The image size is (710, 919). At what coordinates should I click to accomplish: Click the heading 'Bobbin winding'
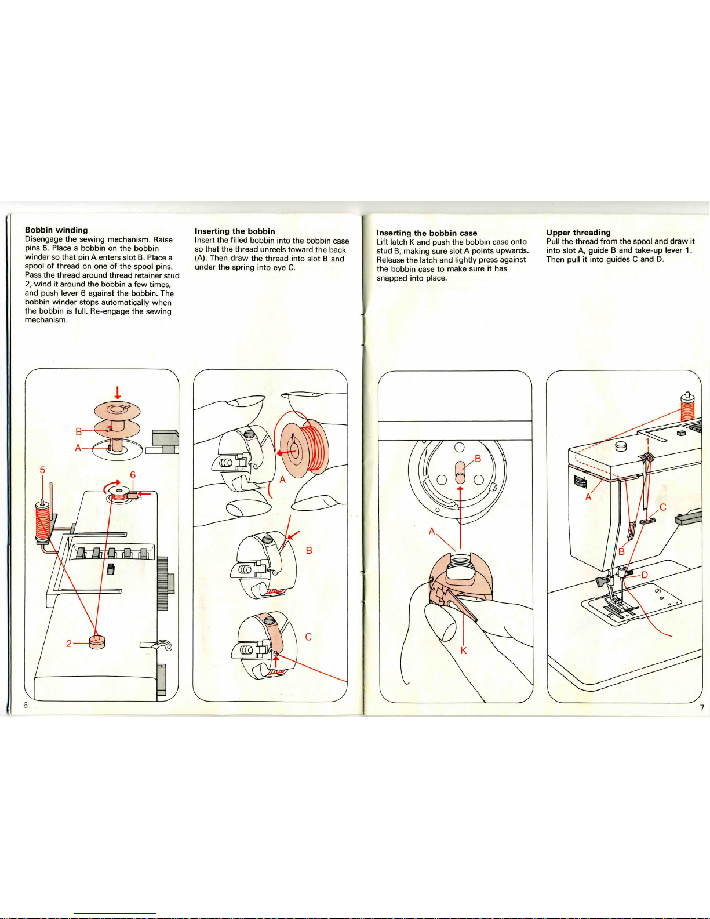pos(56,230)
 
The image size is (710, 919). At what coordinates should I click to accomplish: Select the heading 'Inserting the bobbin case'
pos(427,233)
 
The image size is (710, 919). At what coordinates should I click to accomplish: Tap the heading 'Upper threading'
pos(578,232)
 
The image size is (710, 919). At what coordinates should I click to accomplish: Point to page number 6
pos(26,704)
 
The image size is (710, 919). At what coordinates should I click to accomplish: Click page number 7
pos(702,707)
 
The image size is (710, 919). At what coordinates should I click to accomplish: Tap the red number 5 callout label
pos(42,470)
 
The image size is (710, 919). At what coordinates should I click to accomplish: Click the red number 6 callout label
pos(133,475)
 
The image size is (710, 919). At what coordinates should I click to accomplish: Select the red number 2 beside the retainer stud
pos(69,644)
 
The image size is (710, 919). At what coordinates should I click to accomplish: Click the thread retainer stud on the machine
pos(97,642)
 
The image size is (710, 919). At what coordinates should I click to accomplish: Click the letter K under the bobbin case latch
pos(464,651)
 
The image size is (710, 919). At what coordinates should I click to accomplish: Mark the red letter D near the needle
pos(645,575)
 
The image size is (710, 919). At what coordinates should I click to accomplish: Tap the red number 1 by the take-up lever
pos(647,442)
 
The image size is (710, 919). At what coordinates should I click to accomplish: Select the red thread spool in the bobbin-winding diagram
pos(42,521)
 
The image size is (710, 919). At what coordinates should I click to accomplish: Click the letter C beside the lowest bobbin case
pos(308,637)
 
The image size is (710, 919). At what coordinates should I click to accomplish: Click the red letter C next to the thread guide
pos(662,507)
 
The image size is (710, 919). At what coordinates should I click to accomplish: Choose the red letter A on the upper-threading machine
pos(588,497)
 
